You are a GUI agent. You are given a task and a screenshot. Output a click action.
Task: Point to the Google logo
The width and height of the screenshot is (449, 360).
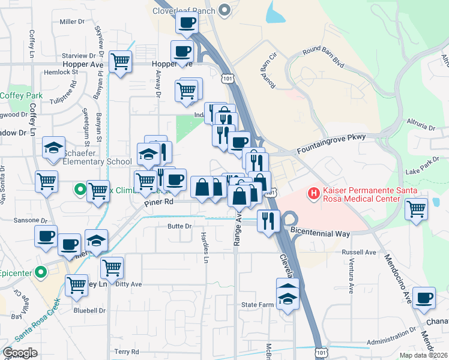click(x=20, y=353)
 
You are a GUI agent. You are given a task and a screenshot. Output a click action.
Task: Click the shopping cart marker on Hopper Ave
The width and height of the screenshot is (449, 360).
click(x=121, y=61)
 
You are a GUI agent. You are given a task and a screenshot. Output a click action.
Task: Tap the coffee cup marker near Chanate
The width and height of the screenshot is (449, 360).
click(x=424, y=297)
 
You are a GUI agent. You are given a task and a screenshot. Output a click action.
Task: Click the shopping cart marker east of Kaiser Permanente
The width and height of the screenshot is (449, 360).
click(x=416, y=209)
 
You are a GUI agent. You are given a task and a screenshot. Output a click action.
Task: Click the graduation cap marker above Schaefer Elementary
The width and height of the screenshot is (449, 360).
click(x=53, y=148)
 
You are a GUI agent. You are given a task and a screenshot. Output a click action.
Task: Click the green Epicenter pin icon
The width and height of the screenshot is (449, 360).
click(x=40, y=272)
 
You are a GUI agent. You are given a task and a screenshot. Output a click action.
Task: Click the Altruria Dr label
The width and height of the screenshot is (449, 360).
click(x=420, y=127)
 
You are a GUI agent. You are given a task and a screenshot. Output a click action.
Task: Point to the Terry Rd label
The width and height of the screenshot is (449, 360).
click(x=127, y=352)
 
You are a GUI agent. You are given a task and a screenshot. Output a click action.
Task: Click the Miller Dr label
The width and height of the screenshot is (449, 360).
click(x=73, y=22)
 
